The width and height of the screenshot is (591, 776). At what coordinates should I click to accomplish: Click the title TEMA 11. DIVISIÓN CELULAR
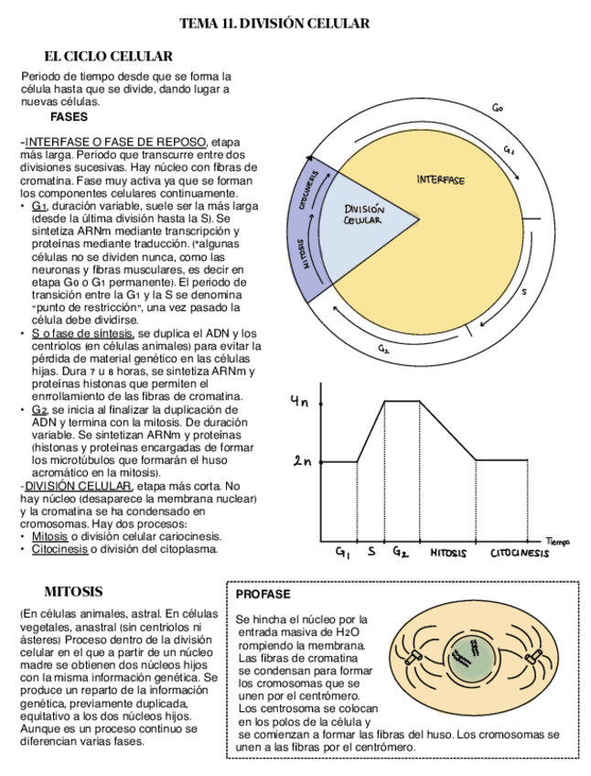pos(274,24)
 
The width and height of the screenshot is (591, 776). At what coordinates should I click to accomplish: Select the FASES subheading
pos(69,117)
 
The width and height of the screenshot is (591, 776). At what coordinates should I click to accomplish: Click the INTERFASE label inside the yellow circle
pos(440,179)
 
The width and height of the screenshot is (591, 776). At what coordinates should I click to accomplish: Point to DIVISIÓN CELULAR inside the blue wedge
pos(364,215)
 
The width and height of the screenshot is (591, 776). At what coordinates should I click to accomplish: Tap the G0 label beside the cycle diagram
pos(498,108)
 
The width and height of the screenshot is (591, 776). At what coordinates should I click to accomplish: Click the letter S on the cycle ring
pos(524,292)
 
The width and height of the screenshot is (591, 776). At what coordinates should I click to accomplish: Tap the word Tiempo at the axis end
pos(558,543)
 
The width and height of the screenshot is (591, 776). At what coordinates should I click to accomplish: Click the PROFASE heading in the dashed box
pos(263,594)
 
